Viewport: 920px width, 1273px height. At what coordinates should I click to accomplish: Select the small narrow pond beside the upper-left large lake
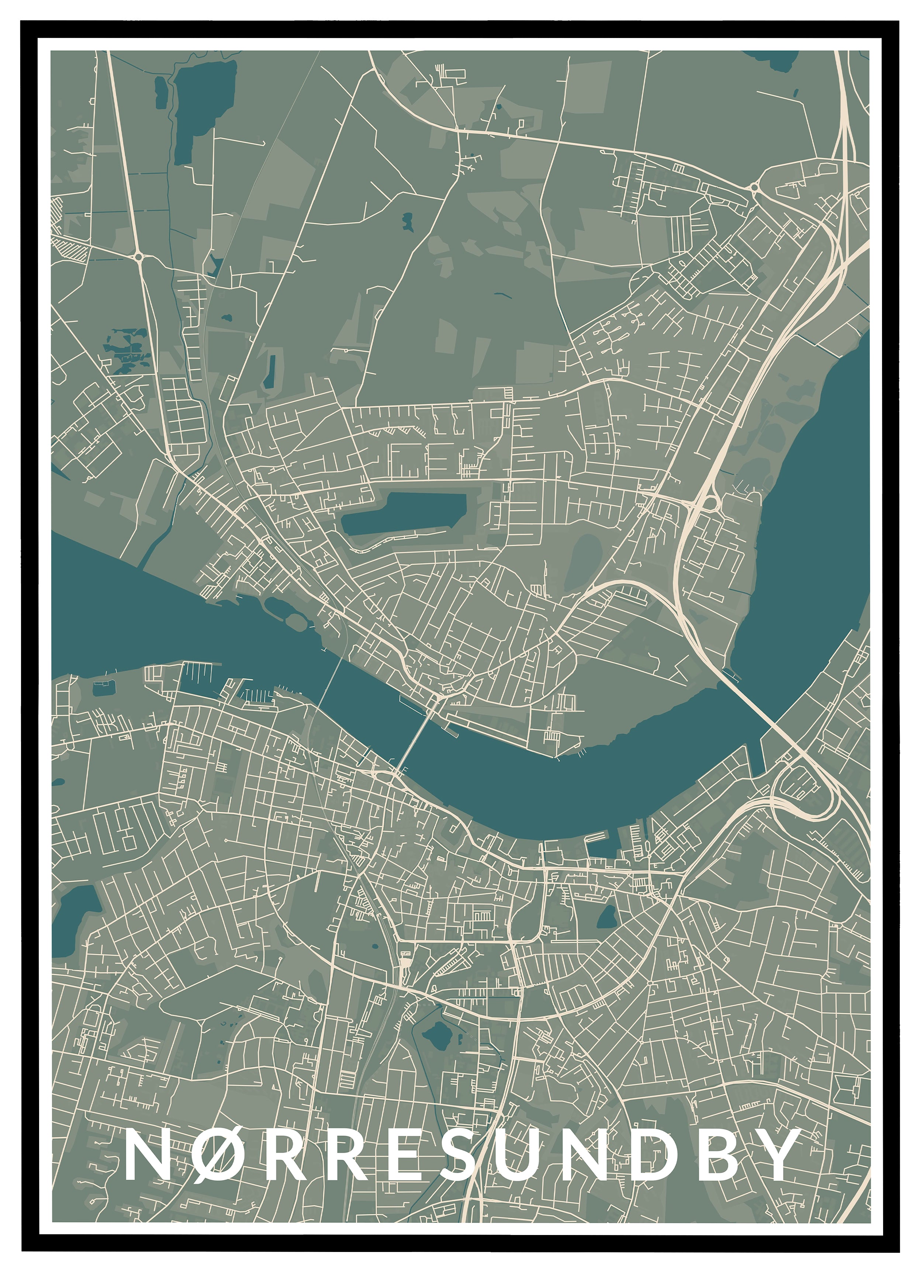coord(161,93)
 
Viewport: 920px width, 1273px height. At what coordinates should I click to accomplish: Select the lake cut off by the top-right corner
coord(775,59)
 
